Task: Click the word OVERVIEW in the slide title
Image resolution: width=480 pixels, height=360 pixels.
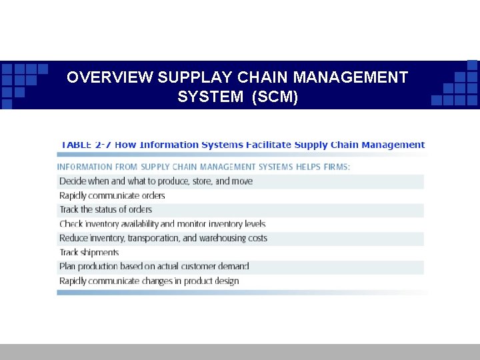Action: (x=110, y=77)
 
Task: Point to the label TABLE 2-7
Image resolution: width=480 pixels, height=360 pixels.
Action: (x=85, y=145)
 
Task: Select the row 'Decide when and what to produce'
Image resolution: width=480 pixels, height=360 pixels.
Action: (x=156, y=181)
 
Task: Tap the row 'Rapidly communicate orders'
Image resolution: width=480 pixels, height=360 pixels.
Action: (x=112, y=195)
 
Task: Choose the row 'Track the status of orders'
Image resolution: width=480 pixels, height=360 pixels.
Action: (x=105, y=209)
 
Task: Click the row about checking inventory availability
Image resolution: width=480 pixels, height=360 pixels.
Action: (x=162, y=224)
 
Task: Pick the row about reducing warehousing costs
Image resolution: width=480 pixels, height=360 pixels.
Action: (x=163, y=238)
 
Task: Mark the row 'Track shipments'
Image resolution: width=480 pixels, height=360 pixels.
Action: (x=89, y=253)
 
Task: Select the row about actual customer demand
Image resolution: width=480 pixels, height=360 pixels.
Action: (x=154, y=267)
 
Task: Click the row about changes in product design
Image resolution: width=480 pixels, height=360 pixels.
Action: (x=149, y=281)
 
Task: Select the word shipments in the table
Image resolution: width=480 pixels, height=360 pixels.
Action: (x=99, y=253)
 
